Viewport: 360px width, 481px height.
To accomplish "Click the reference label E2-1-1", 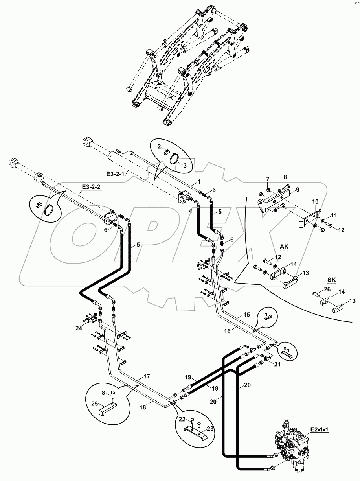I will [x=320, y=429].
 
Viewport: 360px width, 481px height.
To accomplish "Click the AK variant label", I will [x=284, y=247].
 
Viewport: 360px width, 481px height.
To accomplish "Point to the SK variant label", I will [x=332, y=280].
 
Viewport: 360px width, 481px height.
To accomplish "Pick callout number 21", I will [x=277, y=365].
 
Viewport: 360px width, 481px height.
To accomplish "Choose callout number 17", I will [x=146, y=376].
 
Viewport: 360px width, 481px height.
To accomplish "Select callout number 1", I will [x=199, y=182].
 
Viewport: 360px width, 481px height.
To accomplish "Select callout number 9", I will [x=298, y=189].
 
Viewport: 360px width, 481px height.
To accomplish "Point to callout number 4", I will [x=191, y=211].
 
